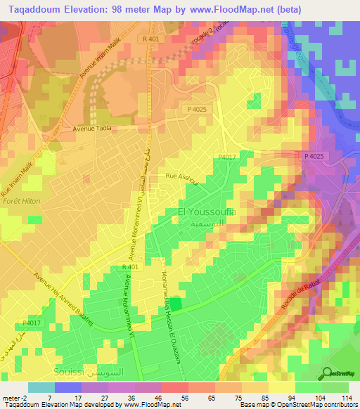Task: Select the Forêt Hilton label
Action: pyautogui.click(x=20, y=201)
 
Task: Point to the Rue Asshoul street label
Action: pyautogui.click(x=181, y=176)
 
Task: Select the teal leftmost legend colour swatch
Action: pyautogui.click(x=41, y=387)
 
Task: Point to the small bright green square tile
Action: pyautogui.click(x=175, y=304)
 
